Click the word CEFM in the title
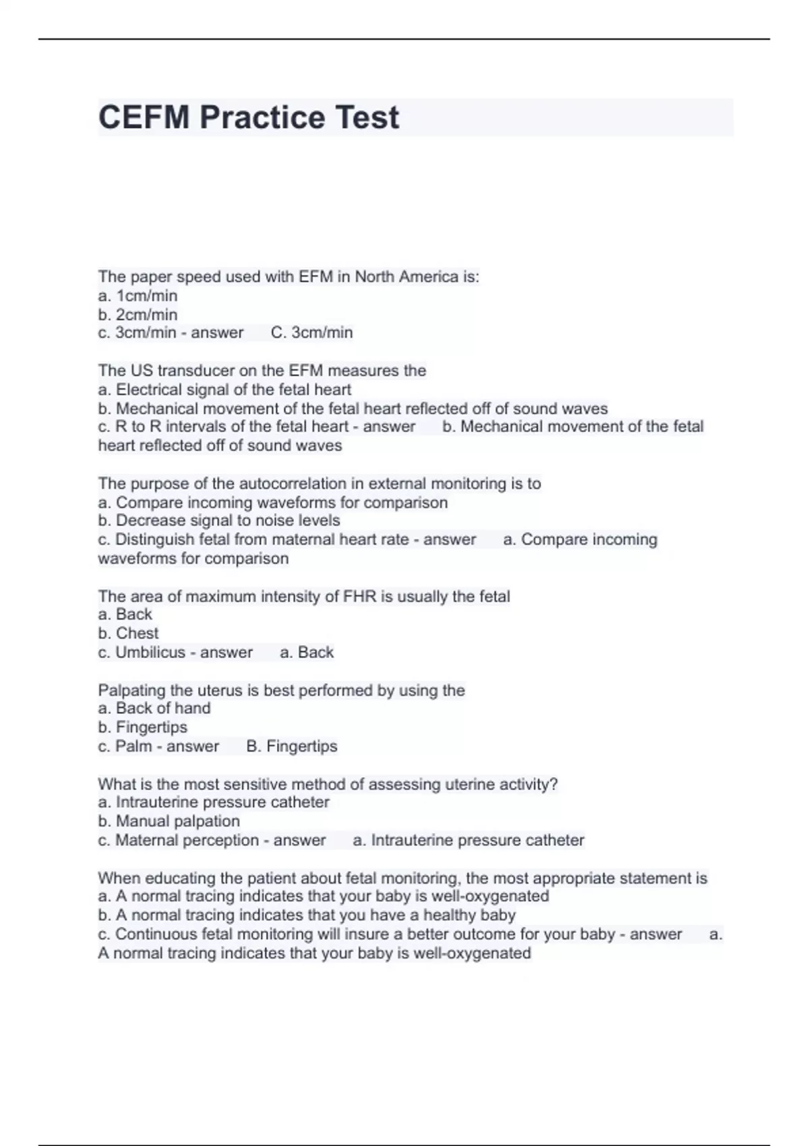point(144,117)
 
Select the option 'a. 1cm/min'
point(138,296)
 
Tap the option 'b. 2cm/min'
point(138,315)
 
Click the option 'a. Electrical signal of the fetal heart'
point(224,390)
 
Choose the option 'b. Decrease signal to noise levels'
point(218,520)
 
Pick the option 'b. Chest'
point(128,634)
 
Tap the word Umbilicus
point(150,653)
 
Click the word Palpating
point(129,690)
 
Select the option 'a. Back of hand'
point(154,708)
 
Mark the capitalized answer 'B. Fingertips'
point(292,746)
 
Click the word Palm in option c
point(133,746)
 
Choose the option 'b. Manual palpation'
point(169,821)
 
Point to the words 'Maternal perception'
point(187,841)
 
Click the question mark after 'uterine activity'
point(555,785)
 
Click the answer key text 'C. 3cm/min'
point(311,333)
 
